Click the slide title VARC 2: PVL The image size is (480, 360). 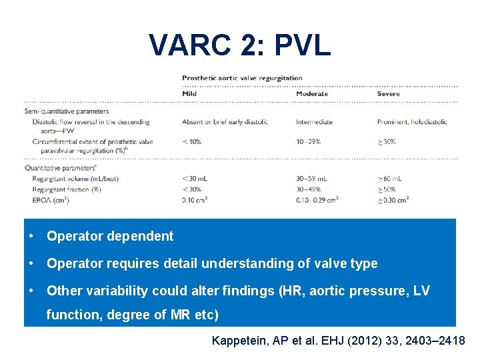(x=240, y=45)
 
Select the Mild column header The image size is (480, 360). (x=189, y=94)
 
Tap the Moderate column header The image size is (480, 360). (x=311, y=94)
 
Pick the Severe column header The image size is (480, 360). (x=388, y=94)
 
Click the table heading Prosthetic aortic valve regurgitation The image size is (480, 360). (x=242, y=78)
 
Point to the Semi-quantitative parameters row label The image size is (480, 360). (x=67, y=111)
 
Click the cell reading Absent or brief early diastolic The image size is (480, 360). (x=225, y=122)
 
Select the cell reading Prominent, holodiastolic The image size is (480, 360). (x=411, y=122)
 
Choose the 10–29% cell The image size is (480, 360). (x=309, y=141)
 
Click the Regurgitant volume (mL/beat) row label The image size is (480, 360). (x=75, y=179)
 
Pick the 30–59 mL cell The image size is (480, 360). (x=311, y=179)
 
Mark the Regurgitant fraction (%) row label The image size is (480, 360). (x=67, y=189)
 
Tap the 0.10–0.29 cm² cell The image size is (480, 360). (x=317, y=199)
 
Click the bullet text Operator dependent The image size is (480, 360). (x=110, y=236)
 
